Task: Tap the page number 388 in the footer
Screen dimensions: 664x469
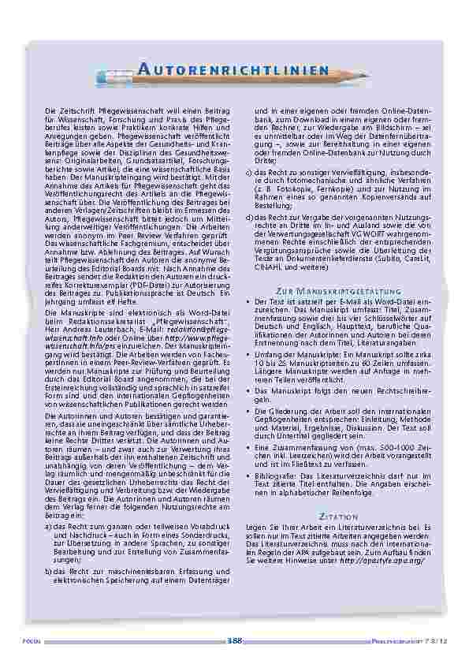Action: click(x=234, y=639)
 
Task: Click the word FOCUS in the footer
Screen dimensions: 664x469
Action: click(x=31, y=640)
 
